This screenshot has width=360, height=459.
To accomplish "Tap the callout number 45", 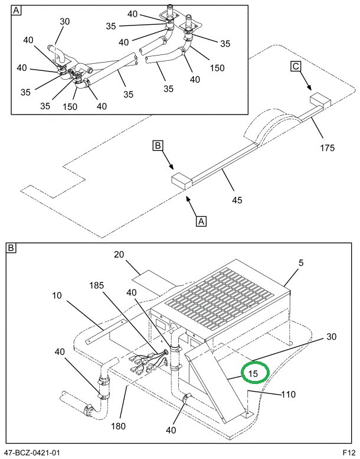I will click(x=237, y=200).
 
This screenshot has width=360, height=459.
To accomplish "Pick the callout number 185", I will click(x=96, y=285).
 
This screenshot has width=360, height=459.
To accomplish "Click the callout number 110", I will click(x=289, y=395).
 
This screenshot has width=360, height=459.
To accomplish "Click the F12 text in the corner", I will click(x=349, y=453).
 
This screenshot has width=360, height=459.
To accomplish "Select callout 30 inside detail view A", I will click(x=64, y=22).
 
